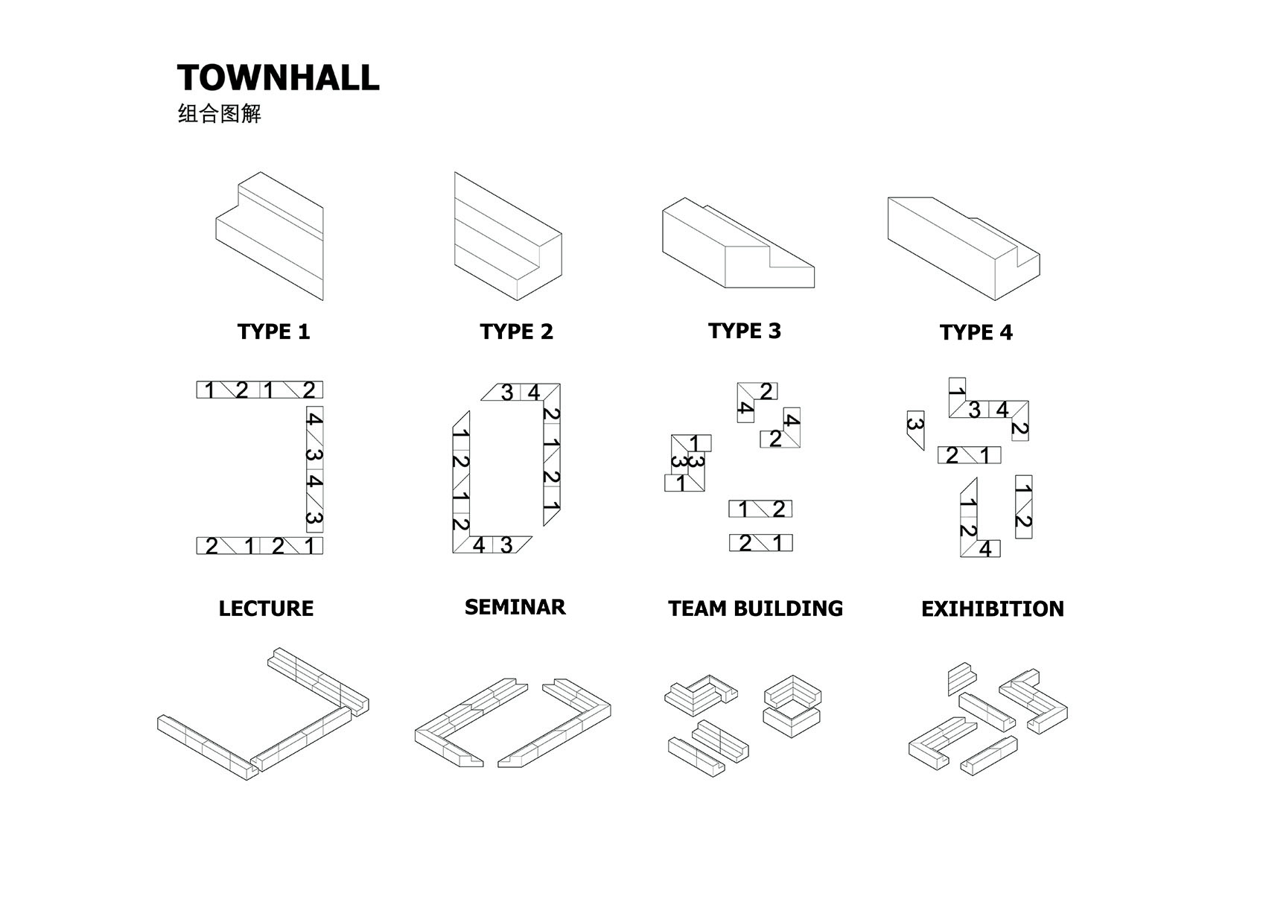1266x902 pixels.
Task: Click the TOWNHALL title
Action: tap(278, 78)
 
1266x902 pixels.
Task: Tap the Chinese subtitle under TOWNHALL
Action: tap(220, 114)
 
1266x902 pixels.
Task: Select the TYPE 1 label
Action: tap(273, 331)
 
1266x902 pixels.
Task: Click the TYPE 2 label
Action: tap(516, 331)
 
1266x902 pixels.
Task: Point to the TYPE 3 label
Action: tap(744, 331)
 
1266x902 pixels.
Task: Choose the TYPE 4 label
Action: tap(976, 332)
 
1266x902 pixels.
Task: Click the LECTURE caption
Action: tap(266, 609)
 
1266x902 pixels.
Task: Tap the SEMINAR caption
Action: tap(515, 607)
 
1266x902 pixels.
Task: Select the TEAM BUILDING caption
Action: tap(755, 609)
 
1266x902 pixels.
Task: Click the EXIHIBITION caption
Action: tap(992, 609)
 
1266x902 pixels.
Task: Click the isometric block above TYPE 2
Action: tap(507, 237)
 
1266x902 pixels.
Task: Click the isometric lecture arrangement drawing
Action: tap(263, 715)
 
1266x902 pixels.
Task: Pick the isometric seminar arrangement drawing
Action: tap(512, 722)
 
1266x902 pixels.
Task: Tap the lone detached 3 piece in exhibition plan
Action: tap(915, 428)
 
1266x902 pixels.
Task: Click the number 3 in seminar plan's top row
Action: tap(507, 393)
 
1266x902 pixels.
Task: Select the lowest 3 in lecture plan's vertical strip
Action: tap(314, 518)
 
